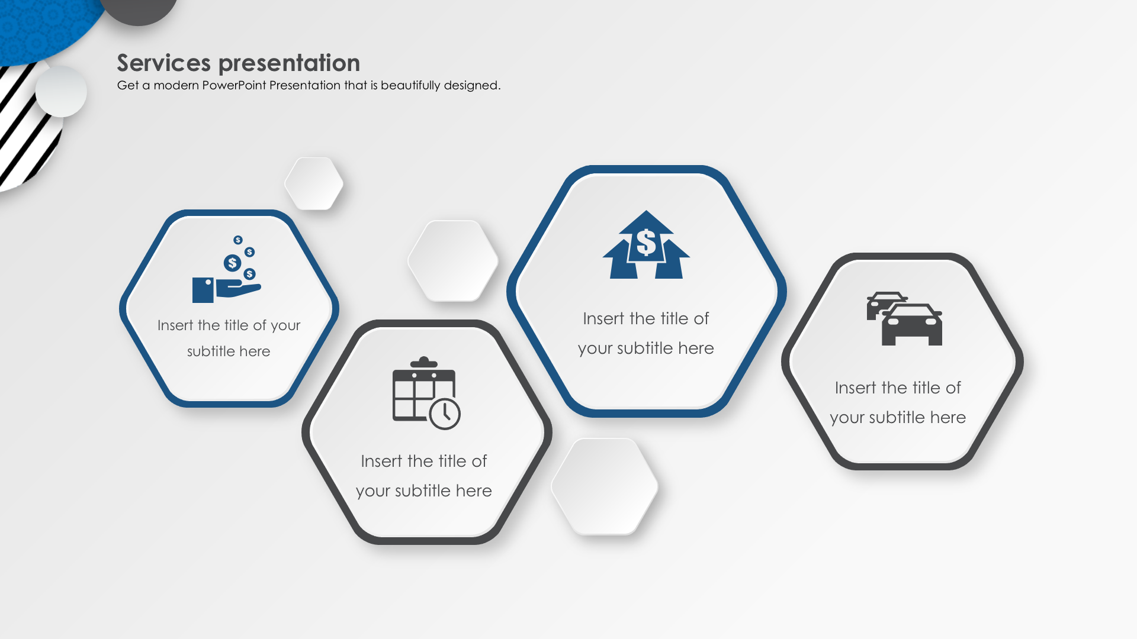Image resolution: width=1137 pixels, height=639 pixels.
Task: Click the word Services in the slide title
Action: [163, 63]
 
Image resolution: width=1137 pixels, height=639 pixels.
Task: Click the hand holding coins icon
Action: [227, 269]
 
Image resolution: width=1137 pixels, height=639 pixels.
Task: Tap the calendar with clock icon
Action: [426, 393]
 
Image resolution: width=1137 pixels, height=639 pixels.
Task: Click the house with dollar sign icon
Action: [646, 244]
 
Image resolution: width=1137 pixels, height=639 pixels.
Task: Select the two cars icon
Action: [904, 318]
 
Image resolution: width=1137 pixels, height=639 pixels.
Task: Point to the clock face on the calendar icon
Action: [445, 414]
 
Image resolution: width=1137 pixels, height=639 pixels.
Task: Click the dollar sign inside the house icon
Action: [646, 243]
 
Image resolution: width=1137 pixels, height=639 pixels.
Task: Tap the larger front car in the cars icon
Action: [912, 325]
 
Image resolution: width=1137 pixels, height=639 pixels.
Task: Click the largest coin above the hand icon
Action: [232, 263]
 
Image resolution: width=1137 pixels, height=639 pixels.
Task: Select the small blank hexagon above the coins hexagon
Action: [314, 183]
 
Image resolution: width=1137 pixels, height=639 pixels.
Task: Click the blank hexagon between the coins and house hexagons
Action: [453, 260]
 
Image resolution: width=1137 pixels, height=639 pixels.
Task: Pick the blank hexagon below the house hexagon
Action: [605, 486]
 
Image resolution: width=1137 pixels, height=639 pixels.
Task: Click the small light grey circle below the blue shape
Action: [61, 92]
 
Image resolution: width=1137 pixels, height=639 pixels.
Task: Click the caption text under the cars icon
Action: [898, 402]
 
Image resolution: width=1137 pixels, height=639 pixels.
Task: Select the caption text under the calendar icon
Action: [424, 476]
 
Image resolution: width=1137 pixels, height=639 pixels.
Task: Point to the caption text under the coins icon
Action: [229, 338]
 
